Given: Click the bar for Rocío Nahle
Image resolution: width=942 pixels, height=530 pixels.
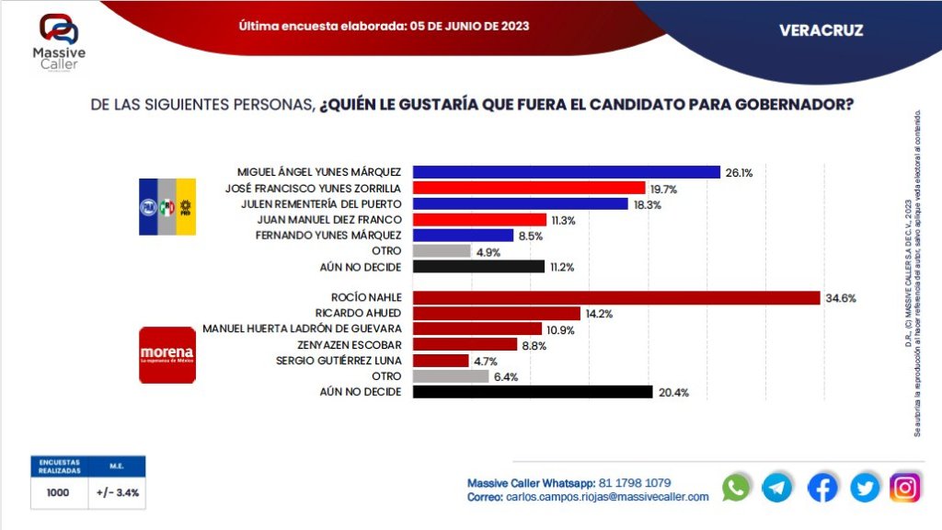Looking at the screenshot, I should [616, 297].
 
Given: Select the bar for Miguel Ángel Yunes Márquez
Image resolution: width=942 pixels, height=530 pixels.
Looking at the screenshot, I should [567, 171].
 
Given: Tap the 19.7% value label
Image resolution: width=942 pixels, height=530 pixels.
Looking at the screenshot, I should [663, 188].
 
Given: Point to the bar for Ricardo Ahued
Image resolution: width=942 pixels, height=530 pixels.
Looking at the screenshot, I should [497, 313].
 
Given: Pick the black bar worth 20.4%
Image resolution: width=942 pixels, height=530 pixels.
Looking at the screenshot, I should [534, 392].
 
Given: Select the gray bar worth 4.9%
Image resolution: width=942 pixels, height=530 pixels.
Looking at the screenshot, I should [442, 251].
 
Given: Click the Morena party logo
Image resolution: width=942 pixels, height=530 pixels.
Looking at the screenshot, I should [167, 354].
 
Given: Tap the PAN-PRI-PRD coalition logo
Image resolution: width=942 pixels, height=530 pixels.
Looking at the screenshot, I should [167, 206].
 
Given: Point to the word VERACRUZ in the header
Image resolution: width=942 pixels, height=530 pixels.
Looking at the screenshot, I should [821, 30].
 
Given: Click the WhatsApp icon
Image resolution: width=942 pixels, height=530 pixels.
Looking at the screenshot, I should [736, 488].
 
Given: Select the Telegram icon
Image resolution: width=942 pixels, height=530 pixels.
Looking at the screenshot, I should [778, 488].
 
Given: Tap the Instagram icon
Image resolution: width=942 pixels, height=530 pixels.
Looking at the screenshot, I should [905, 488].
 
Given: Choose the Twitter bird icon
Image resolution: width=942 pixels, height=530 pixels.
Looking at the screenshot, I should [864, 488].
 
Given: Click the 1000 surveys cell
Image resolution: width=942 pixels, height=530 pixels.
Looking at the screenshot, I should [58, 492].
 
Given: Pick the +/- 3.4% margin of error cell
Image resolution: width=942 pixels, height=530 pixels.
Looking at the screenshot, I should [117, 492].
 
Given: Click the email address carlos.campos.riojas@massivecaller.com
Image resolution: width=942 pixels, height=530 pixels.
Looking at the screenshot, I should [607, 497].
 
